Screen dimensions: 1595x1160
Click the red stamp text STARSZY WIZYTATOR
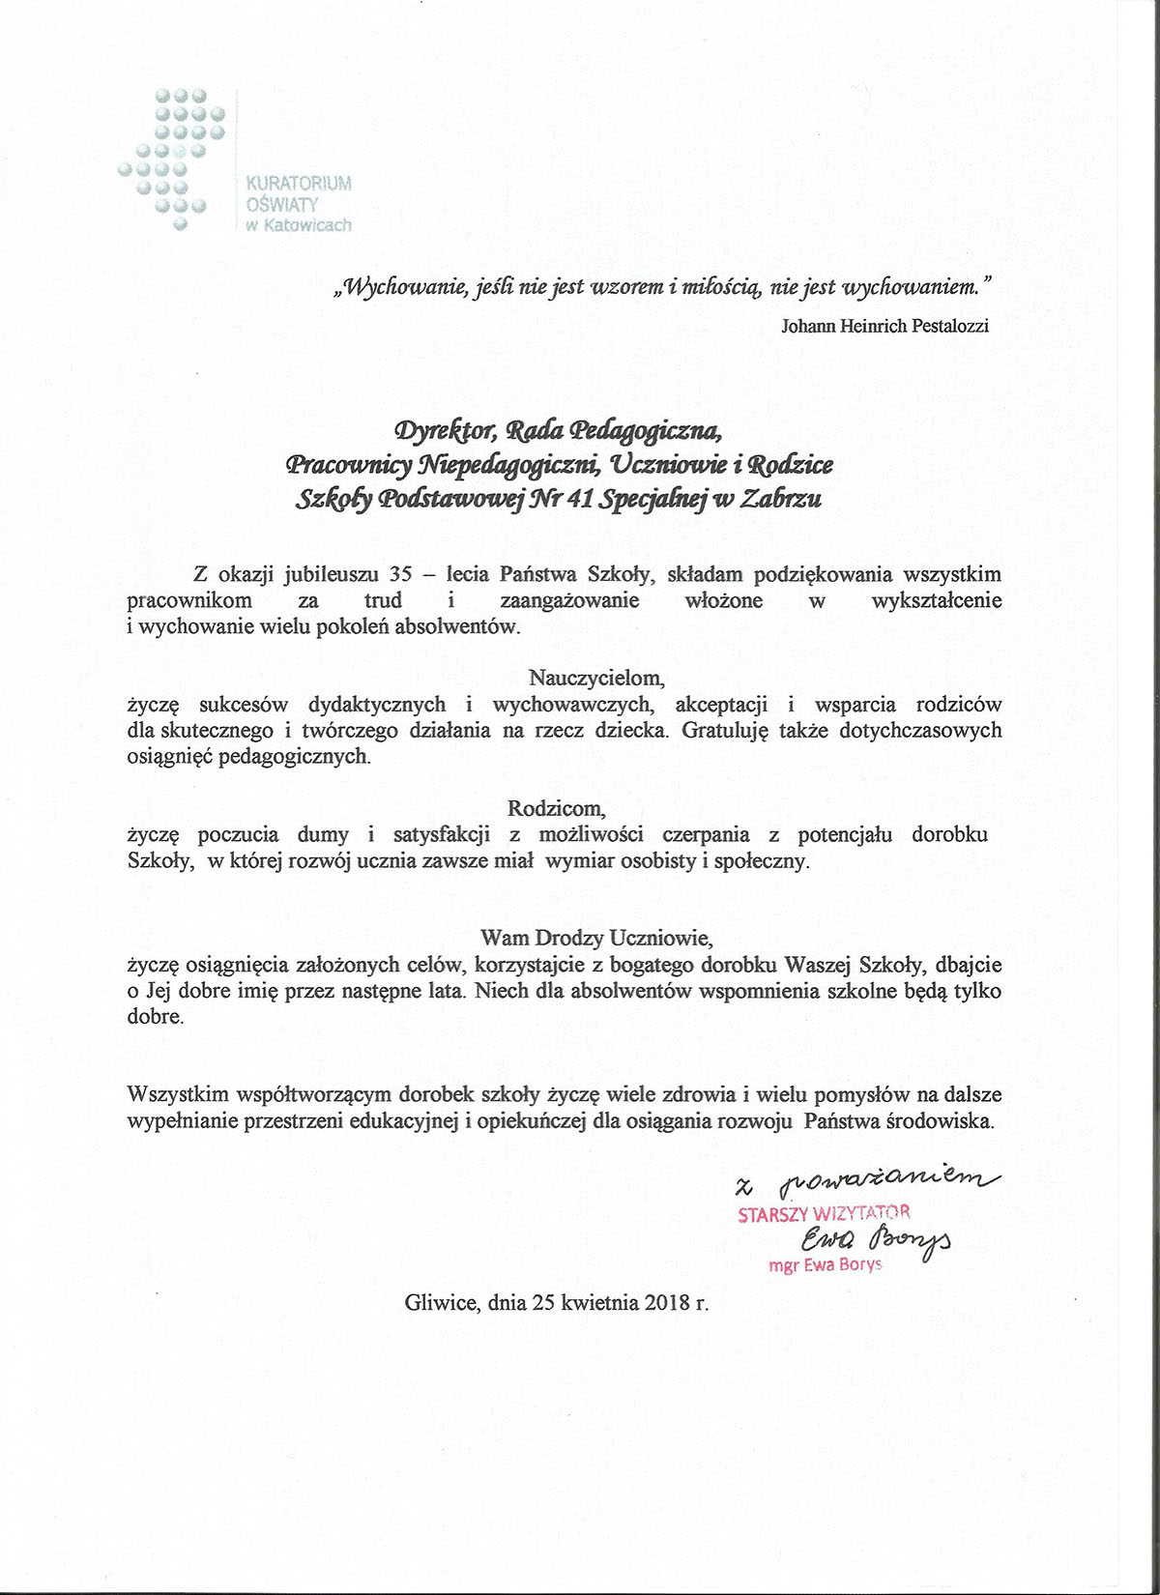pyautogui.click(x=824, y=1213)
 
